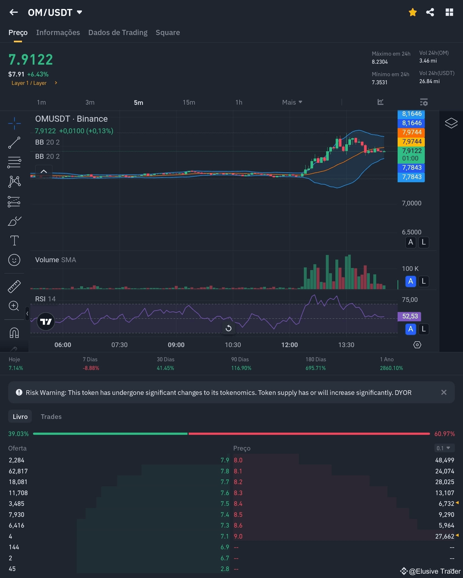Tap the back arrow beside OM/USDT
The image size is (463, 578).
pyautogui.click(x=14, y=12)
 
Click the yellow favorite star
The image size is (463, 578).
pyautogui.click(x=413, y=12)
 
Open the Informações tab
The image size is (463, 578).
pyautogui.click(x=58, y=32)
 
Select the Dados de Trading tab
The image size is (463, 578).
pyautogui.click(x=118, y=32)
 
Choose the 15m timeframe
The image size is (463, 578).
pyautogui.click(x=189, y=102)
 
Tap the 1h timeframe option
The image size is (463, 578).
pyautogui.click(x=239, y=102)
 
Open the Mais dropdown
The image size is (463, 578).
pyautogui.click(x=292, y=102)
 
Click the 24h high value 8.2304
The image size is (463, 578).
pyautogui.click(x=380, y=62)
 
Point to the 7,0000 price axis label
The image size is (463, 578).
pyautogui.click(x=411, y=203)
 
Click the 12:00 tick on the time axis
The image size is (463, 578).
pyautogui.click(x=289, y=345)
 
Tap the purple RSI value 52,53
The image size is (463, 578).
pyautogui.click(x=410, y=316)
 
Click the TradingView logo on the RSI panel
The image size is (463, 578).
pyautogui.click(x=46, y=322)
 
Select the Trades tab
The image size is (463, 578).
pyautogui.click(x=51, y=417)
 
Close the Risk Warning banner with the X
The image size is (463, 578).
pyautogui.click(x=444, y=392)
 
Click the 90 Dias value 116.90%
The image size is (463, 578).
pyautogui.click(x=241, y=368)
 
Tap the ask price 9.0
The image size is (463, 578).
pyautogui.click(x=238, y=536)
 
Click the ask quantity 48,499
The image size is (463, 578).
pyautogui.click(x=444, y=460)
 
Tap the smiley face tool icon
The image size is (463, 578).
pyautogui.click(x=14, y=260)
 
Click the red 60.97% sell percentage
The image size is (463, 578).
pyautogui.click(x=444, y=434)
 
